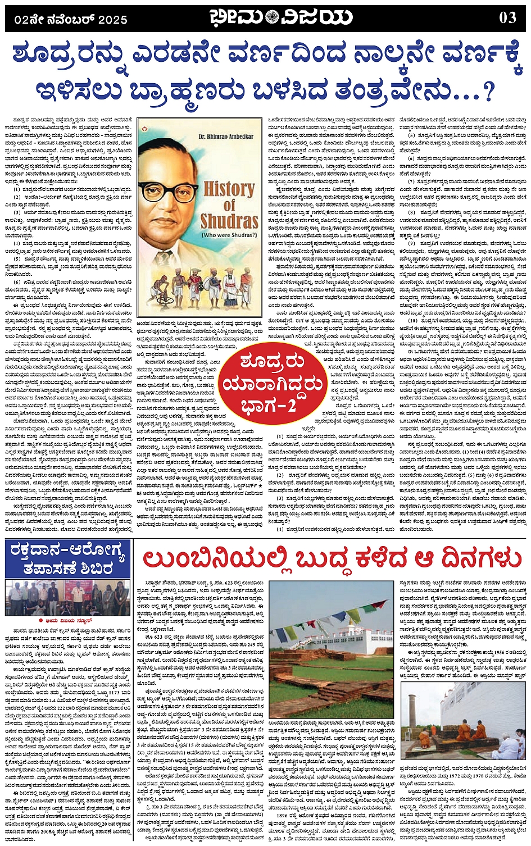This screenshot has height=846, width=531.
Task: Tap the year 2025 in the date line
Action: pos(113,20)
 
